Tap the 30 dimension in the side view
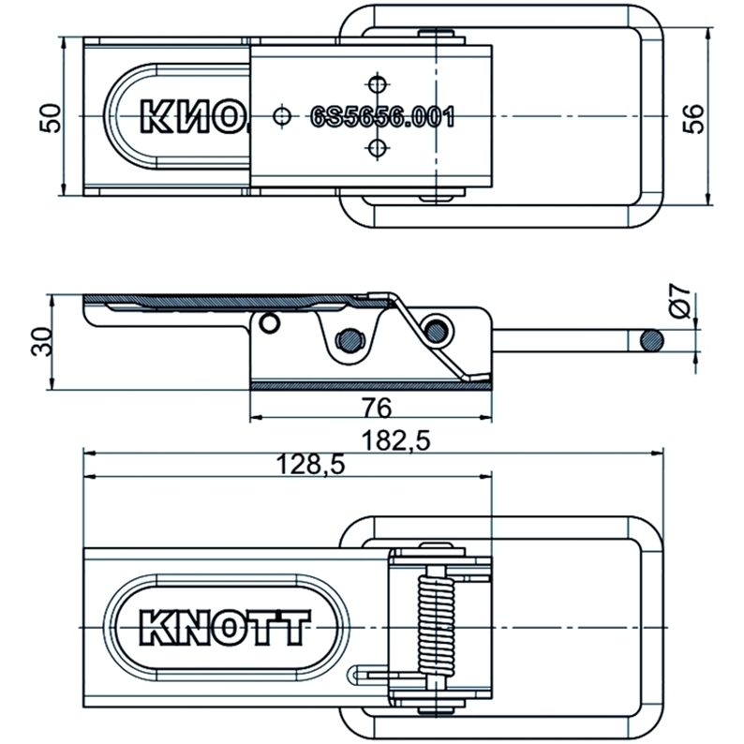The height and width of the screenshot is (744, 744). (40, 341)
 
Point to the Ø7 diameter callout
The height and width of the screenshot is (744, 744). (683, 304)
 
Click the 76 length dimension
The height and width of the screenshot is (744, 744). (373, 407)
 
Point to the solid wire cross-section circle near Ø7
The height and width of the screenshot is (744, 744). (649, 340)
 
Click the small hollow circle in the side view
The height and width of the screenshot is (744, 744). (270, 324)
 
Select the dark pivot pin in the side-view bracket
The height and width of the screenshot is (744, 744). (350, 339)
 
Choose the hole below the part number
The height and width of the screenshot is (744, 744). (377, 147)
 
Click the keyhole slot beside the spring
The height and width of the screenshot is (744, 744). (364, 675)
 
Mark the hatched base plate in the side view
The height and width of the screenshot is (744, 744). (370, 385)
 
